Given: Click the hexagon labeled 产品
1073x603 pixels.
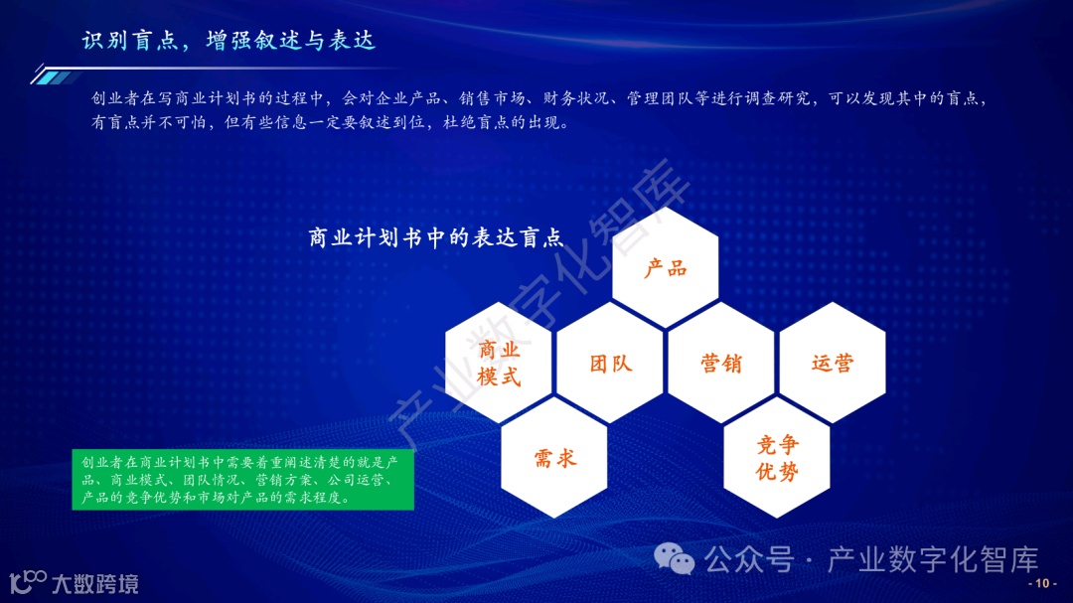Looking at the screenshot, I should pos(665,268).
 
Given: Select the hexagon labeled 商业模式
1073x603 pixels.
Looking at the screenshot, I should pos(499,364).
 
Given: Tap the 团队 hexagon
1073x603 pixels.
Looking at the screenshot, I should pos(610,364).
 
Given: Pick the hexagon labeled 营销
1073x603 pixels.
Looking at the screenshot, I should pos(721,364).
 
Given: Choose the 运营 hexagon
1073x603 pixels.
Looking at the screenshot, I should pos(833,364).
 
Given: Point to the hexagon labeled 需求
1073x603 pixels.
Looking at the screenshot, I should pos(554,458).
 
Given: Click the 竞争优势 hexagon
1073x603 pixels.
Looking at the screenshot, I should pos(777,458).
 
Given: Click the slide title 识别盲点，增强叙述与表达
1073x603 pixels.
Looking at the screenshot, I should pos(229,41).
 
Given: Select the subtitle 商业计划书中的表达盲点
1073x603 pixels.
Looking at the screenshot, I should pos(436,238).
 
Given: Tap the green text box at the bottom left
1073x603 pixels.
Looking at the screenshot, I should pos(242,481).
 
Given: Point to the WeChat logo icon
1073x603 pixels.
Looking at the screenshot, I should pos(681,560).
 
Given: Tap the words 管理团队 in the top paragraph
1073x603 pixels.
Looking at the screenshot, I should pos(664,99).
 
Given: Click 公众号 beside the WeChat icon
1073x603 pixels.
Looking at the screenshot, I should pos(749,560).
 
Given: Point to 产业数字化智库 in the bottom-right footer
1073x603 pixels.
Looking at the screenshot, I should pos(933,560).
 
